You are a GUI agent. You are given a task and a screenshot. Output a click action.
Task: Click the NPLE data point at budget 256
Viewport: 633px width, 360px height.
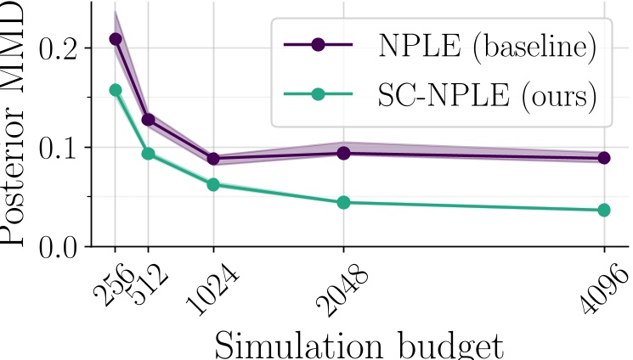pos(116,39)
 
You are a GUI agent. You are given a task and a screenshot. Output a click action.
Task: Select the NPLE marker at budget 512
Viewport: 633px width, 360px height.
pos(148,120)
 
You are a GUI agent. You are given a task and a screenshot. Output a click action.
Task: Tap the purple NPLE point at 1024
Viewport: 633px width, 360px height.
pos(213,159)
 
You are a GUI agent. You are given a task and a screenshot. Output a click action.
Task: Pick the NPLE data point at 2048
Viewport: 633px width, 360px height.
pos(343,153)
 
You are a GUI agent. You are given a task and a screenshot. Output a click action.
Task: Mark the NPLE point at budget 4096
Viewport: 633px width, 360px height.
pos(604,158)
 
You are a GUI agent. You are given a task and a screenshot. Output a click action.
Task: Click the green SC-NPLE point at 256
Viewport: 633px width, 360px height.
pos(116,90)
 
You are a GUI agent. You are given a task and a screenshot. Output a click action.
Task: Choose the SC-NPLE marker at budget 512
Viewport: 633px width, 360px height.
pos(148,154)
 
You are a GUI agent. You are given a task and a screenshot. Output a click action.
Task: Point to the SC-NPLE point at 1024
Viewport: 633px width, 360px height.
pos(213,184)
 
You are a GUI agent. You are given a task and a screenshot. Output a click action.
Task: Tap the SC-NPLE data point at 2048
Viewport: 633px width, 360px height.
pos(343,202)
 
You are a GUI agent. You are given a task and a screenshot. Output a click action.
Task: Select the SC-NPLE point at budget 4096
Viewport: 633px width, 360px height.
pos(604,210)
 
